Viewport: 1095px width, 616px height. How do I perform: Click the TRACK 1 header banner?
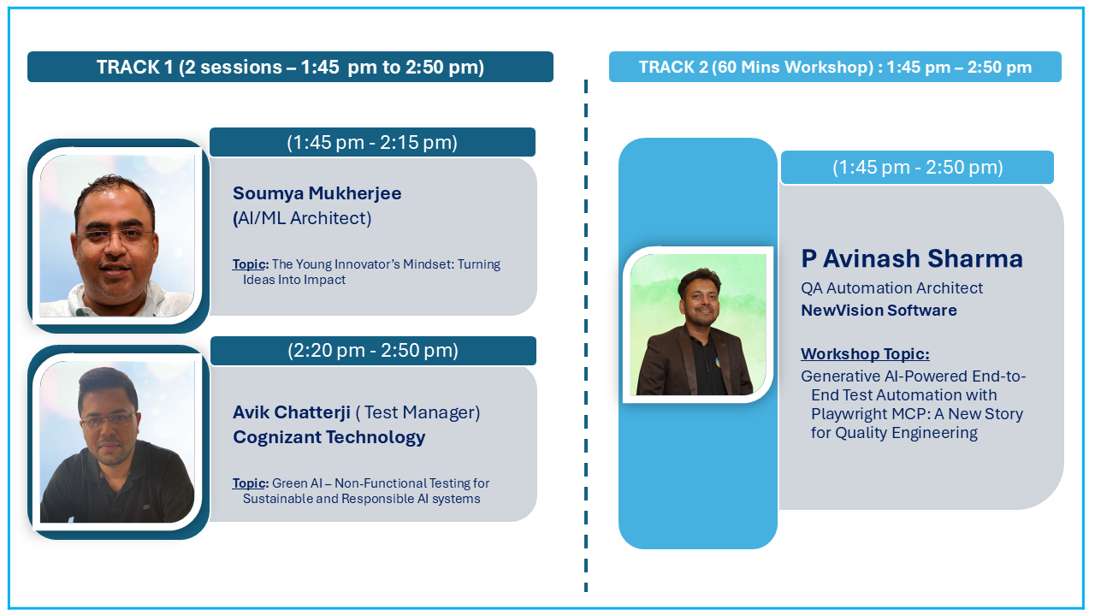coord(290,67)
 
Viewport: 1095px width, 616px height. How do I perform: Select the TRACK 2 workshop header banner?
coord(835,67)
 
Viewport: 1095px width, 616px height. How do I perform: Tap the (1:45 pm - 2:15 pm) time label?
coord(372,142)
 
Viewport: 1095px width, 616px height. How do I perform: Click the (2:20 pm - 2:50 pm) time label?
coord(373,351)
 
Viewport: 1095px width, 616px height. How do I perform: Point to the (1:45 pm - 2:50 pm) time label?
coord(918,167)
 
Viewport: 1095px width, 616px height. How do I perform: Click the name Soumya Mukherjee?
coord(317,193)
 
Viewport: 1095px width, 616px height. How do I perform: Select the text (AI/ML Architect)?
coord(302,218)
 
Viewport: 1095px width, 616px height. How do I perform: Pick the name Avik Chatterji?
coord(292,412)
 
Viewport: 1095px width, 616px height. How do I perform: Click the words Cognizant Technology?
coord(329,437)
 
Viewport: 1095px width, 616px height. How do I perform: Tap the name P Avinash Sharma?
coord(912,258)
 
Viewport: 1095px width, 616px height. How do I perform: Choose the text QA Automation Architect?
coord(891,288)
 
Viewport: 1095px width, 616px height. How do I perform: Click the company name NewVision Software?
coord(879,311)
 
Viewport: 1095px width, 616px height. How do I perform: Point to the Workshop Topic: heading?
coord(865,354)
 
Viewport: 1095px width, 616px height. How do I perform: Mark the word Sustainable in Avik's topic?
coord(278,499)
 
